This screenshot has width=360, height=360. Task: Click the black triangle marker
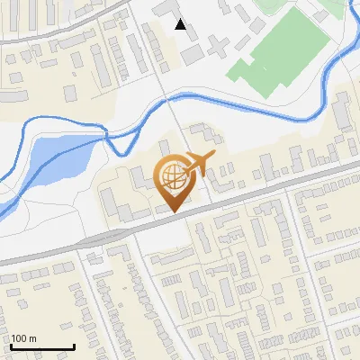pyautogui.click(x=182, y=24)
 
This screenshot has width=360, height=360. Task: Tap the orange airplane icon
pyautogui.click(x=198, y=165)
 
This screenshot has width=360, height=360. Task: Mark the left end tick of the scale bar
pyautogui.click(x=12, y=345)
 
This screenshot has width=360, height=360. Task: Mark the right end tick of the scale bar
pyautogui.click(x=74, y=345)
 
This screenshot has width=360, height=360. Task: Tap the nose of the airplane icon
pyautogui.click(x=214, y=157)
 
